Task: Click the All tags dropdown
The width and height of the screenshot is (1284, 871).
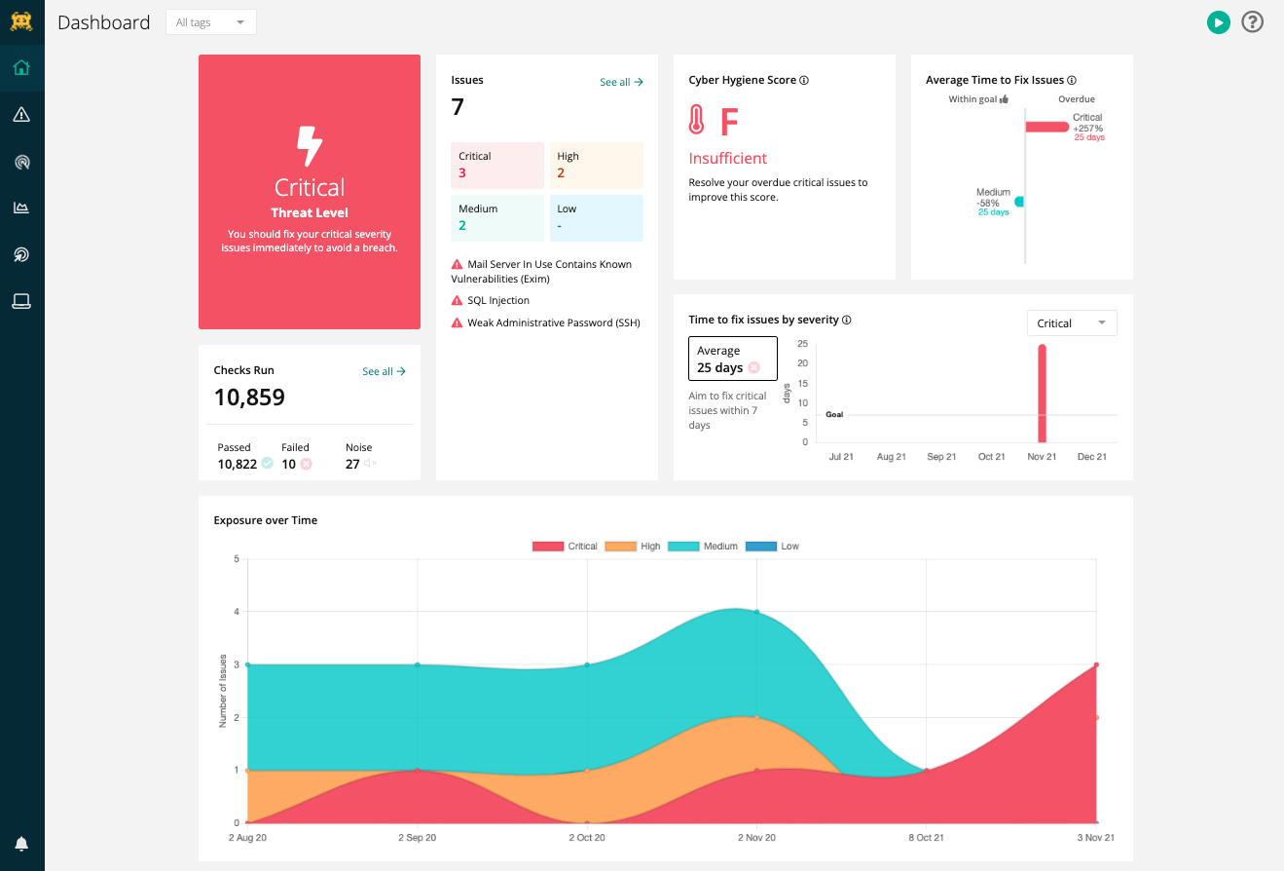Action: coord(210,22)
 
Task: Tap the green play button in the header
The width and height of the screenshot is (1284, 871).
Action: coord(1218,22)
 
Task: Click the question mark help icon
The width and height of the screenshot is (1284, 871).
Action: coord(1252,22)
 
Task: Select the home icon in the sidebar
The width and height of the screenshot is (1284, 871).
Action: coord(21,68)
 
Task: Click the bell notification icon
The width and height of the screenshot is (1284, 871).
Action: coord(21,844)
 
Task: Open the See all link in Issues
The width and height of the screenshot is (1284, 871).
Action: coord(621,83)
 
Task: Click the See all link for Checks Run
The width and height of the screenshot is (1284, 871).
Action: coord(384,371)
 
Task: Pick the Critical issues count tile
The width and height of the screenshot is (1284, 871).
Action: coord(496,165)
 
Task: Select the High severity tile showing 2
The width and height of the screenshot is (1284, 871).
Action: coord(596,165)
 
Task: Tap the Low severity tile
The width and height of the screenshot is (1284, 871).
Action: coord(596,217)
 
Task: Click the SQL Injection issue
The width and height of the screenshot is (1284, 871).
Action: coord(497,301)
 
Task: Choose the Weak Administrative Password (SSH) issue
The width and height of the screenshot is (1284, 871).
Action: coord(553,322)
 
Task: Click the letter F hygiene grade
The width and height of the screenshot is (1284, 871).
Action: coord(729,122)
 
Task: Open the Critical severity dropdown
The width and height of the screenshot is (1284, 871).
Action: coord(1071,323)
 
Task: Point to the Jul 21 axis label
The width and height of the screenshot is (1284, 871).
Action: coord(841,457)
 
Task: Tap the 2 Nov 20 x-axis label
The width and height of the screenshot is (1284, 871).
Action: coord(756,838)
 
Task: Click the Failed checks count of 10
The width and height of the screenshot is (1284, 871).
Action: coord(289,465)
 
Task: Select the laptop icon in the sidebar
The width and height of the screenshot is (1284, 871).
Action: coord(21,301)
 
